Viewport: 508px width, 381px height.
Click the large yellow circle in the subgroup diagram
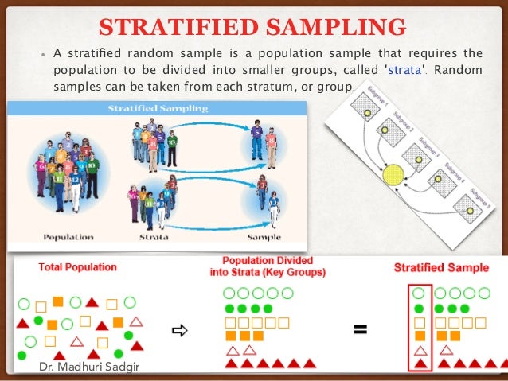[393, 173]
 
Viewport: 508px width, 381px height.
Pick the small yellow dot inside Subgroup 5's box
[470, 211]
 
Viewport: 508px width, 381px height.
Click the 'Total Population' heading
[66, 267]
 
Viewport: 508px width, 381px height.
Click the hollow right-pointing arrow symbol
[179, 330]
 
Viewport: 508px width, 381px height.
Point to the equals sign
[361, 329]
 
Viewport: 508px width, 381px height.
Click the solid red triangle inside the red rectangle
[420, 364]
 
